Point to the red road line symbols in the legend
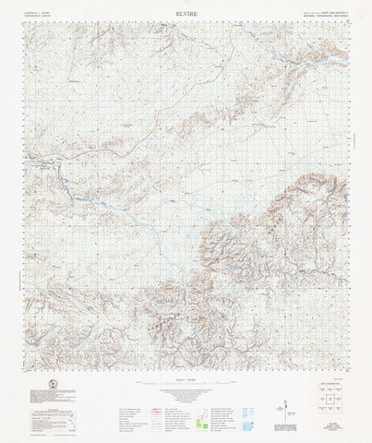point(138,406)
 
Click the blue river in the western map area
point(65,175)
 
